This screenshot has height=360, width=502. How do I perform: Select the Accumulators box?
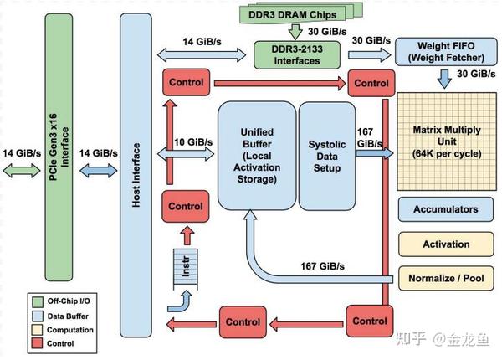[445, 209]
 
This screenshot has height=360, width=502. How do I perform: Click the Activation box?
[445, 244]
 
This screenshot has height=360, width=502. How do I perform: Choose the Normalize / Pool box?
[445, 278]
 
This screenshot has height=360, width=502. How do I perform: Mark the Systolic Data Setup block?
[326, 156]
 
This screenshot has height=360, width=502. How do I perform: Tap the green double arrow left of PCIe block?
[21, 169]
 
